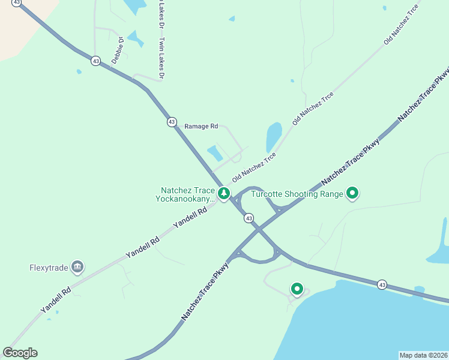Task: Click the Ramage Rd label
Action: pyautogui.click(x=201, y=126)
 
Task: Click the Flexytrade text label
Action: pyautogui.click(x=47, y=268)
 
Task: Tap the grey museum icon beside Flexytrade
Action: pyautogui.click(x=77, y=266)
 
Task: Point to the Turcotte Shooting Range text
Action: pyautogui.click(x=297, y=194)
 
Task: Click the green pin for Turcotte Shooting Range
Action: pyautogui.click(x=353, y=193)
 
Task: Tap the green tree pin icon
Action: pyautogui.click(x=224, y=193)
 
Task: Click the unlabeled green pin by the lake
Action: pyautogui.click(x=296, y=289)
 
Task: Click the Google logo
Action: pyautogui.click(x=20, y=353)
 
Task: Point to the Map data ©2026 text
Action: pyautogui.click(x=423, y=355)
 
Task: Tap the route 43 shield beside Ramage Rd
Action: pyautogui.click(x=172, y=122)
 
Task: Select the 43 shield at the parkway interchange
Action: pyautogui.click(x=249, y=218)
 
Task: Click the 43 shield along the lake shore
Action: pyautogui.click(x=382, y=284)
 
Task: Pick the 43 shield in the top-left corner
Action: pyautogui.click(x=16, y=3)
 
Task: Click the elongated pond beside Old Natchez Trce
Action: pyautogui.click(x=274, y=137)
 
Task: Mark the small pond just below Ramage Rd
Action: pyautogui.click(x=214, y=153)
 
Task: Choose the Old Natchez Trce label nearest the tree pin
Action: pyautogui.click(x=254, y=167)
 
